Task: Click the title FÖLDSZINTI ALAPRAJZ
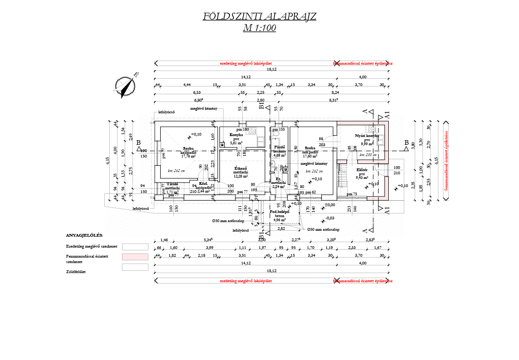(259, 17)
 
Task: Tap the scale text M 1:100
(259, 28)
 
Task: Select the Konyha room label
(236, 135)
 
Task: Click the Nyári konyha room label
(367, 136)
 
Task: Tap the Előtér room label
(362, 170)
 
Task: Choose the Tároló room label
(173, 184)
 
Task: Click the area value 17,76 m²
(188, 156)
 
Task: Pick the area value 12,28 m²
(240, 176)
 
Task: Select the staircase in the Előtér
(342, 176)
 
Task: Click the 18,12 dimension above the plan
(271, 69)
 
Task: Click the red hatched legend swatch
(135, 257)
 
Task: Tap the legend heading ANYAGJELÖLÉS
(85, 235)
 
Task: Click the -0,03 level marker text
(330, 218)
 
